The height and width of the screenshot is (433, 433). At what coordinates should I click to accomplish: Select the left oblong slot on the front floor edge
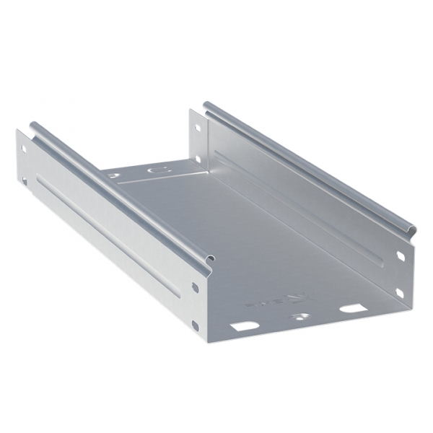pyautogui.click(x=245, y=326)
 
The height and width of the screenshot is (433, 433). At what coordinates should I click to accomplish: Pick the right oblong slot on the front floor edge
pyautogui.click(x=351, y=308)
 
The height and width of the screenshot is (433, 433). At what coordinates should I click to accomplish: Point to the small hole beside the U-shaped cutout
pyautogui.click(x=113, y=175)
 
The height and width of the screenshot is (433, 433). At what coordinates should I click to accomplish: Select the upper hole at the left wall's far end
pyautogui.click(x=23, y=149)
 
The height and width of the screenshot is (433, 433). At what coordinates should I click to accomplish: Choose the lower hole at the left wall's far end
pyautogui.click(x=23, y=181)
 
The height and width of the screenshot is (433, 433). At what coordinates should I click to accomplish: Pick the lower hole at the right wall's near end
pyautogui.click(x=401, y=292)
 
